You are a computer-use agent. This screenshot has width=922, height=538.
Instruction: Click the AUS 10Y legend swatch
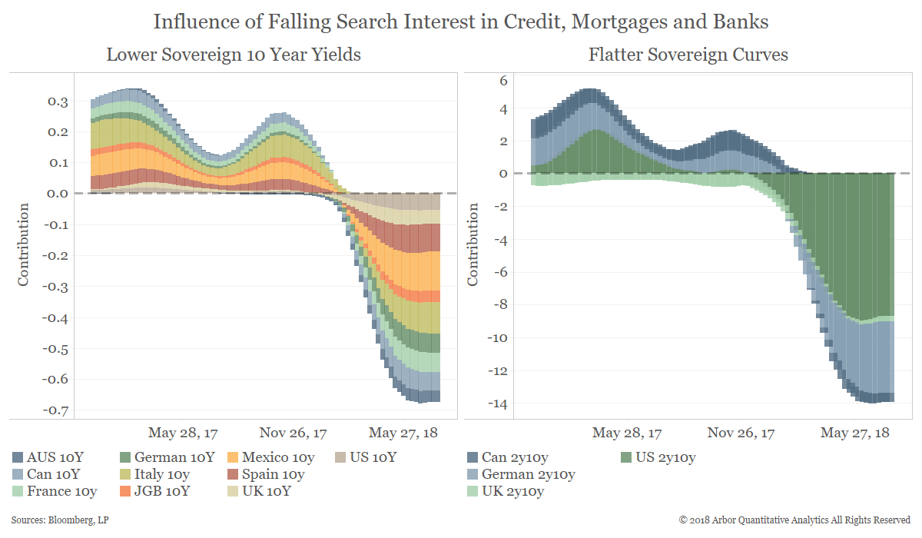(18, 457)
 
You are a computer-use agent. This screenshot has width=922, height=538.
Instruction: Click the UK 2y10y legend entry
(512, 491)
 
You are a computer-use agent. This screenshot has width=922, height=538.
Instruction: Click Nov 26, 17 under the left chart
(294, 433)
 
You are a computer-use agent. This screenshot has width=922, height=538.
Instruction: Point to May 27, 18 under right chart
(854, 433)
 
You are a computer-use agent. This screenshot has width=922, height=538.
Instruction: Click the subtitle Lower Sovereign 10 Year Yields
(234, 55)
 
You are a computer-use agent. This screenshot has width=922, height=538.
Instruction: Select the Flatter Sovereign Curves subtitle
(688, 55)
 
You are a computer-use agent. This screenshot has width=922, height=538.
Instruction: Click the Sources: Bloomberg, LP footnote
(54, 520)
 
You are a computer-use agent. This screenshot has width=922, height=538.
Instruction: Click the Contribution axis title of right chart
(473, 244)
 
